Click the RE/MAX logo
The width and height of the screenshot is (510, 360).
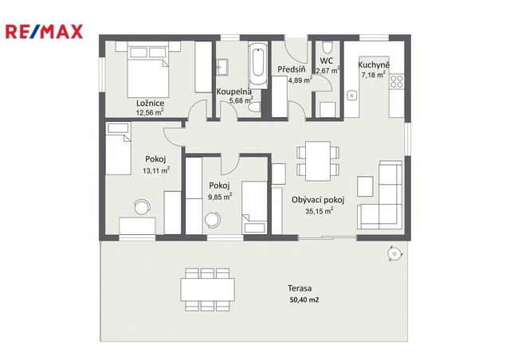[x=45, y=32]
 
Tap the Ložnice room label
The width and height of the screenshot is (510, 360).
[x=150, y=104]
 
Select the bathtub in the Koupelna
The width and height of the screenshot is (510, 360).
[x=258, y=65]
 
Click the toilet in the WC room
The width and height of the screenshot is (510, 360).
[x=327, y=47]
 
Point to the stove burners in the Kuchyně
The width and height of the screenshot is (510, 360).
[x=397, y=81]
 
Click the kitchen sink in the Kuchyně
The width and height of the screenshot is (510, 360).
[x=351, y=96]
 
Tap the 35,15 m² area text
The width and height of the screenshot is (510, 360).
[x=319, y=211]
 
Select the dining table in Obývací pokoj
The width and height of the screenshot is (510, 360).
[x=318, y=161]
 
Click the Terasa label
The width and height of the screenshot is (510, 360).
[x=300, y=288]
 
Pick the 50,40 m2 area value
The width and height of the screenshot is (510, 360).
[x=304, y=299]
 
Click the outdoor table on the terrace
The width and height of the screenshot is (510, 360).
[x=208, y=289]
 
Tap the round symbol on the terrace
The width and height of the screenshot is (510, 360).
[x=394, y=253]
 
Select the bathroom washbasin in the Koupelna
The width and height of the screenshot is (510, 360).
[x=222, y=68]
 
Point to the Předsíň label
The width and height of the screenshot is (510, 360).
[x=292, y=69]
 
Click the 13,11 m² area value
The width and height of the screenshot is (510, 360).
[x=156, y=170]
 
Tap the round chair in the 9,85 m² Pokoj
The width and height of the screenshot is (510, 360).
[x=213, y=220]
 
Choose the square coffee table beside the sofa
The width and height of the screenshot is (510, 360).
[x=365, y=186]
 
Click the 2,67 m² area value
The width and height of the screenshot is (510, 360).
[x=328, y=70]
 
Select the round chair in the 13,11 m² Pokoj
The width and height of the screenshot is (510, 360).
[x=143, y=207]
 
